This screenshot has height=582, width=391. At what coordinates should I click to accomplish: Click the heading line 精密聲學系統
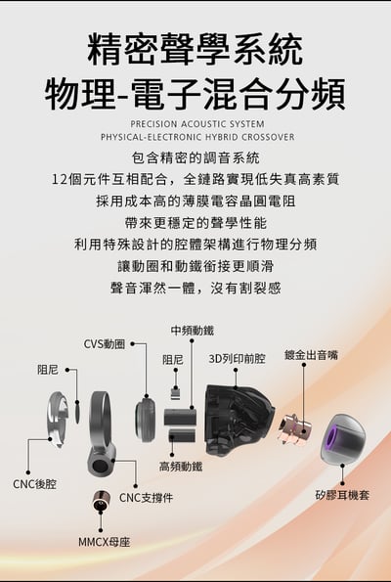pyautogui.click(x=195, y=47)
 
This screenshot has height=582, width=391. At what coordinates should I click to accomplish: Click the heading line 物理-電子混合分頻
pyautogui.click(x=195, y=93)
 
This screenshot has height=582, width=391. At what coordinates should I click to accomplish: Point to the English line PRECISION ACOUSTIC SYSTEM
pyautogui.click(x=196, y=125)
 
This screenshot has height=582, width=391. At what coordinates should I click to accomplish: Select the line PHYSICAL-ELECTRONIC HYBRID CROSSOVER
pyautogui.click(x=196, y=138)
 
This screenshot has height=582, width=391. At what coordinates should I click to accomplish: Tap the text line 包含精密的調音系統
pyautogui.click(x=195, y=157)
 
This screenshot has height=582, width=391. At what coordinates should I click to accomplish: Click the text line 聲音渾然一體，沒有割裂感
pyautogui.click(x=195, y=288)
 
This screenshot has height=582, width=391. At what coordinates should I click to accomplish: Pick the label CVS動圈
pyautogui.click(x=104, y=343)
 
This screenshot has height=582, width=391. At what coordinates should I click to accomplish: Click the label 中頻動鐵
pyautogui.click(x=192, y=331)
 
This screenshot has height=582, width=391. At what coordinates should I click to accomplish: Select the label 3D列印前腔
pyautogui.click(x=237, y=359)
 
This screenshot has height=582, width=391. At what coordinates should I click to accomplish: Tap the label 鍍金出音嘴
pyautogui.click(x=311, y=355)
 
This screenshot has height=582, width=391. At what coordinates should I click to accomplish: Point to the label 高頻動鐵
pyautogui.click(x=181, y=467)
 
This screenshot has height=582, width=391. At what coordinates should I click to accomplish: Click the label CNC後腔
pyautogui.click(x=34, y=483)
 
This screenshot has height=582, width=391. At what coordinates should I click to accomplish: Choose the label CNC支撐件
pyautogui.click(x=146, y=498)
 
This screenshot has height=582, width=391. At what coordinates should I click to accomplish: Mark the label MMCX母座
pyautogui.click(x=104, y=541)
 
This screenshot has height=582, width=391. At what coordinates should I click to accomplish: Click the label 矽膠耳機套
pyautogui.click(x=342, y=495)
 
